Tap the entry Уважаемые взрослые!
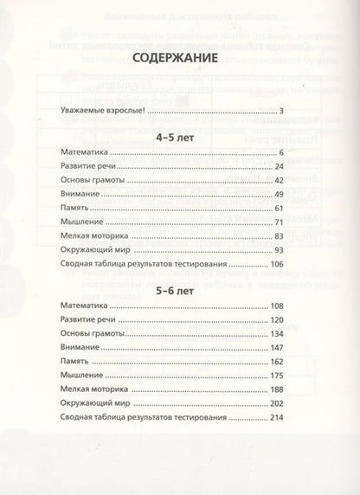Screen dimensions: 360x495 (x=100, y=111)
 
